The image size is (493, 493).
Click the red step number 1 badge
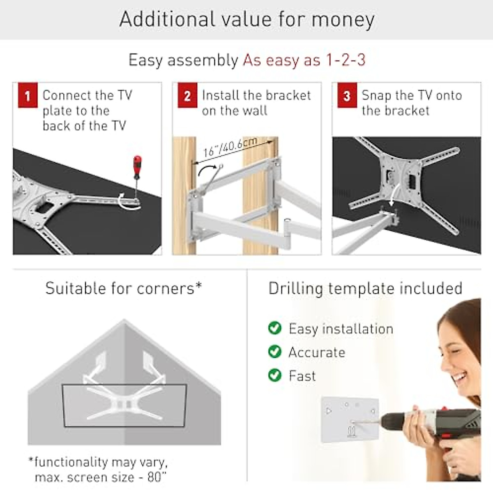point(28,95)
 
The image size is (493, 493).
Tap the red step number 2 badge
point(187,95)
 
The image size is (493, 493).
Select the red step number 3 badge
point(347,95)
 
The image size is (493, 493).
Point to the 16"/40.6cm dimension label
point(230,147)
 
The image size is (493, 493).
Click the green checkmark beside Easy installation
point(274,328)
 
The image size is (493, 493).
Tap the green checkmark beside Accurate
point(274,352)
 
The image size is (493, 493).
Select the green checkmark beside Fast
point(274,375)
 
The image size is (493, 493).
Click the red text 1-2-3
point(345,60)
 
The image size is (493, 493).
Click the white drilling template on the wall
point(349,419)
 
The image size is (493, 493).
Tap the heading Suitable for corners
point(123,288)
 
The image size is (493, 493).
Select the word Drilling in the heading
point(295,288)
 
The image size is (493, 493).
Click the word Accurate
point(317,352)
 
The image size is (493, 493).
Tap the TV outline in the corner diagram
point(124,405)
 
